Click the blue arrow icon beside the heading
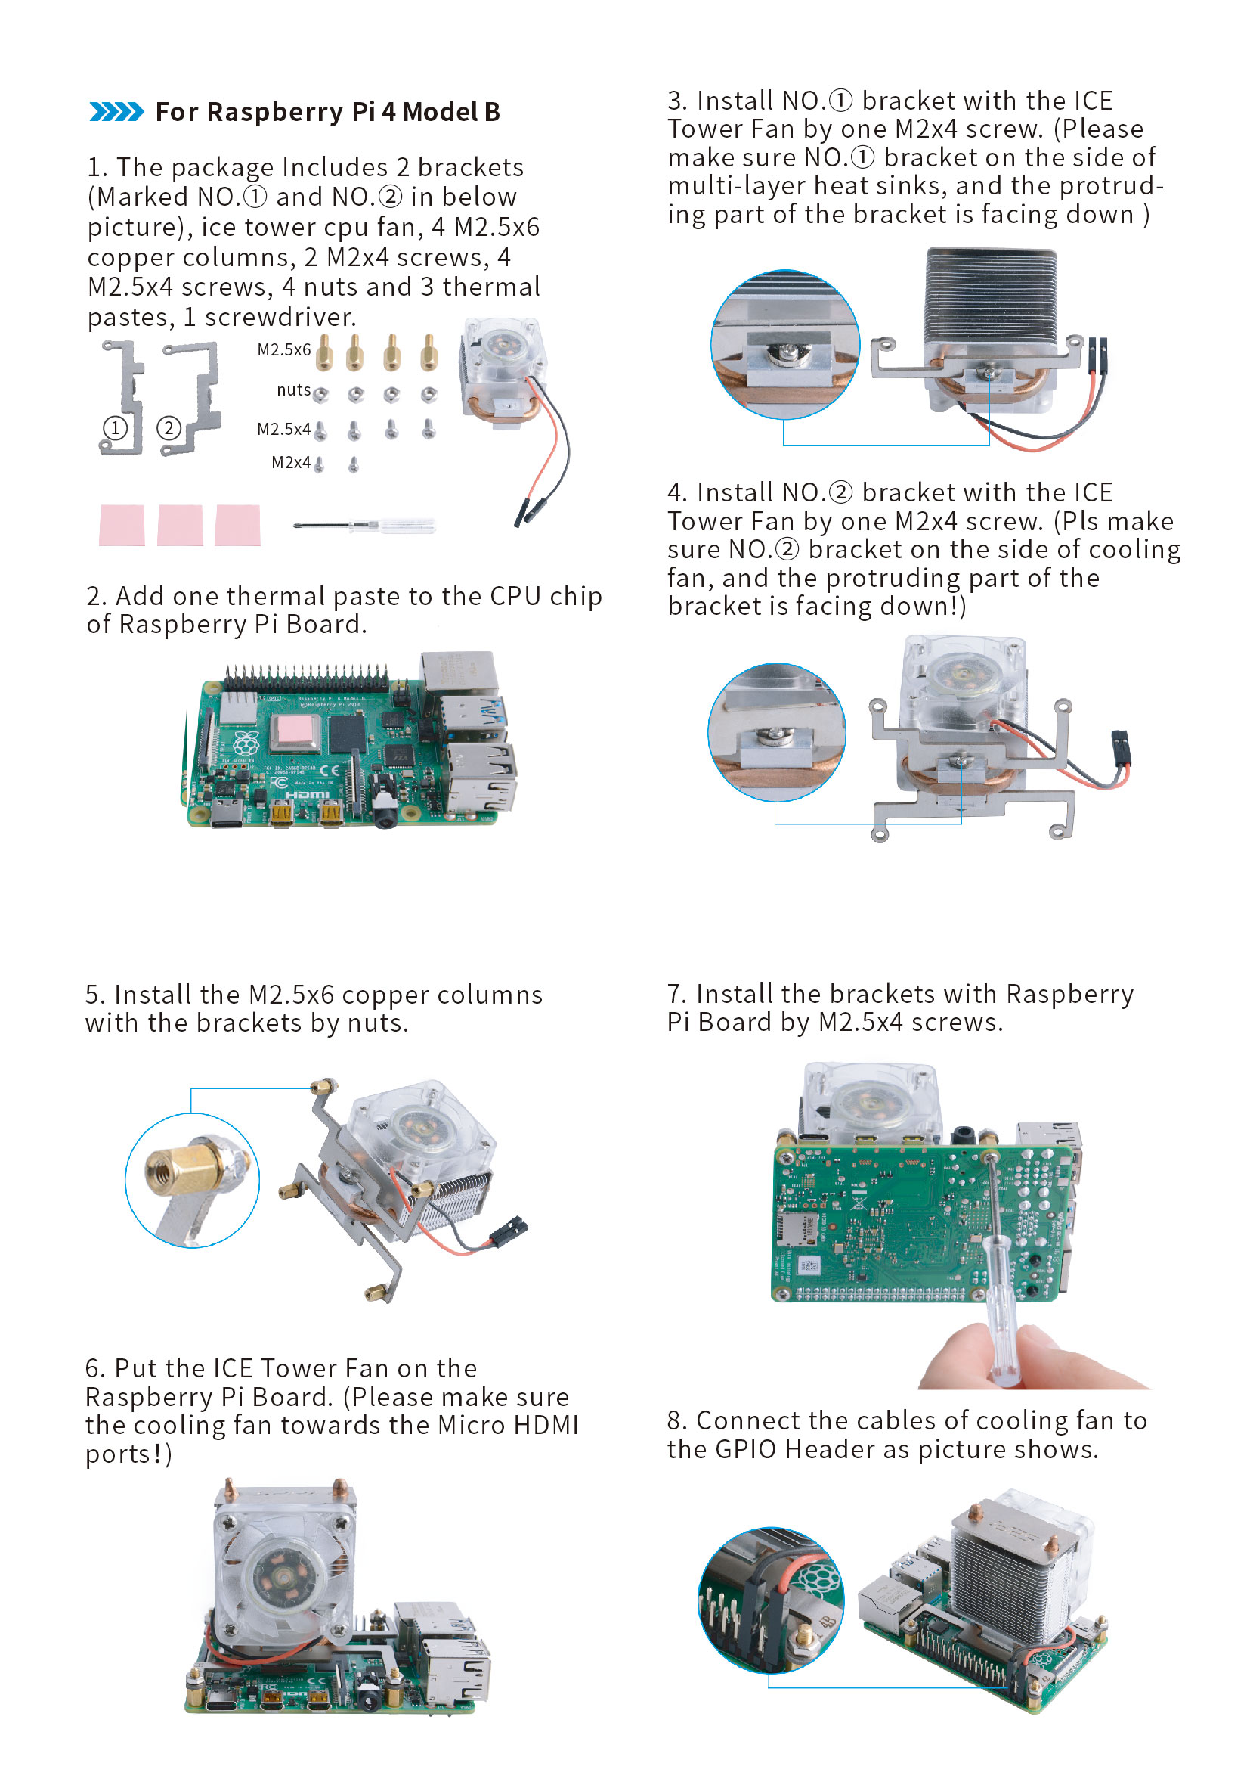pos(116,111)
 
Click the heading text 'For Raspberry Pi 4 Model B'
pos(327,112)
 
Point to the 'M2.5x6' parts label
pos(283,350)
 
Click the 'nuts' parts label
pos(293,390)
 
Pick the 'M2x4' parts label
pos(290,463)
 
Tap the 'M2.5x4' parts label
pos(283,429)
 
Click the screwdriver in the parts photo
pos(364,526)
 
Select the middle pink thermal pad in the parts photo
pos(180,525)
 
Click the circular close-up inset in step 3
pos(784,344)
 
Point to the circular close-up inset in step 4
pos(776,732)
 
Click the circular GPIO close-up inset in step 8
pos(771,1600)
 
